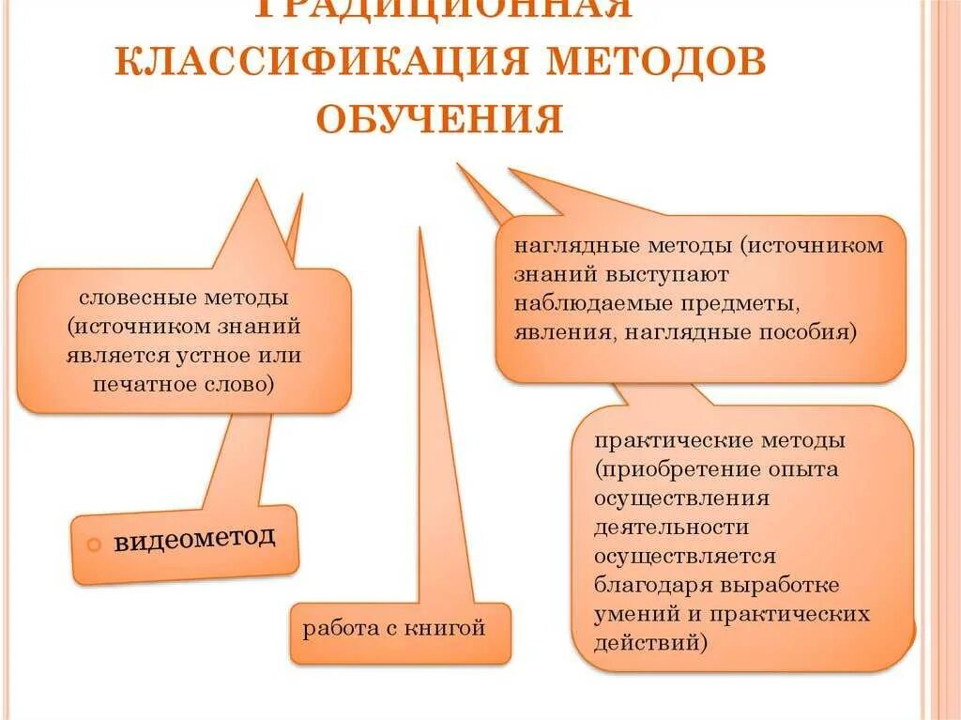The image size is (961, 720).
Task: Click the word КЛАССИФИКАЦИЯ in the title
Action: click(x=325, y=62)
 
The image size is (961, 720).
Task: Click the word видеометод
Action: click(x=195, y=539)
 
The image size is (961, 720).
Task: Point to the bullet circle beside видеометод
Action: click(x=94, y=545)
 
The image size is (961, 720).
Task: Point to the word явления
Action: click(x=555, y=332)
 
